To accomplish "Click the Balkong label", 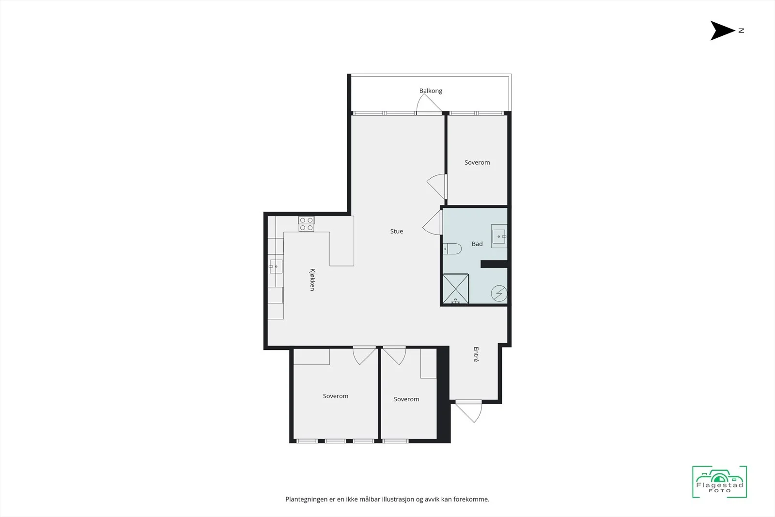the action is coord(431,91).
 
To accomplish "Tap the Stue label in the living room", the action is coord(397,231).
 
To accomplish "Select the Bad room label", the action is coord(477,244).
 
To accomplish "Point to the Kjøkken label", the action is coord(312,280).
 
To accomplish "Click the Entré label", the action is coord(476,354).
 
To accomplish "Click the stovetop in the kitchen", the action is coord(307,224).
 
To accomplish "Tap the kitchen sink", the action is coord(276,266).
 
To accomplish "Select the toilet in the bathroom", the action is coord(452,249).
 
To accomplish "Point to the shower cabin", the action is coord(456,289).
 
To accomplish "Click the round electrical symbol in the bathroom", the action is coord(499,294).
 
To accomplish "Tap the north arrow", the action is coord(722,31).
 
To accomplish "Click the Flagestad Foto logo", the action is coord(720,482).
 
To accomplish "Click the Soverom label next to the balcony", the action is coord(477,162).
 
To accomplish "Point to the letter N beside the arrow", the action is coord(741,31).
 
